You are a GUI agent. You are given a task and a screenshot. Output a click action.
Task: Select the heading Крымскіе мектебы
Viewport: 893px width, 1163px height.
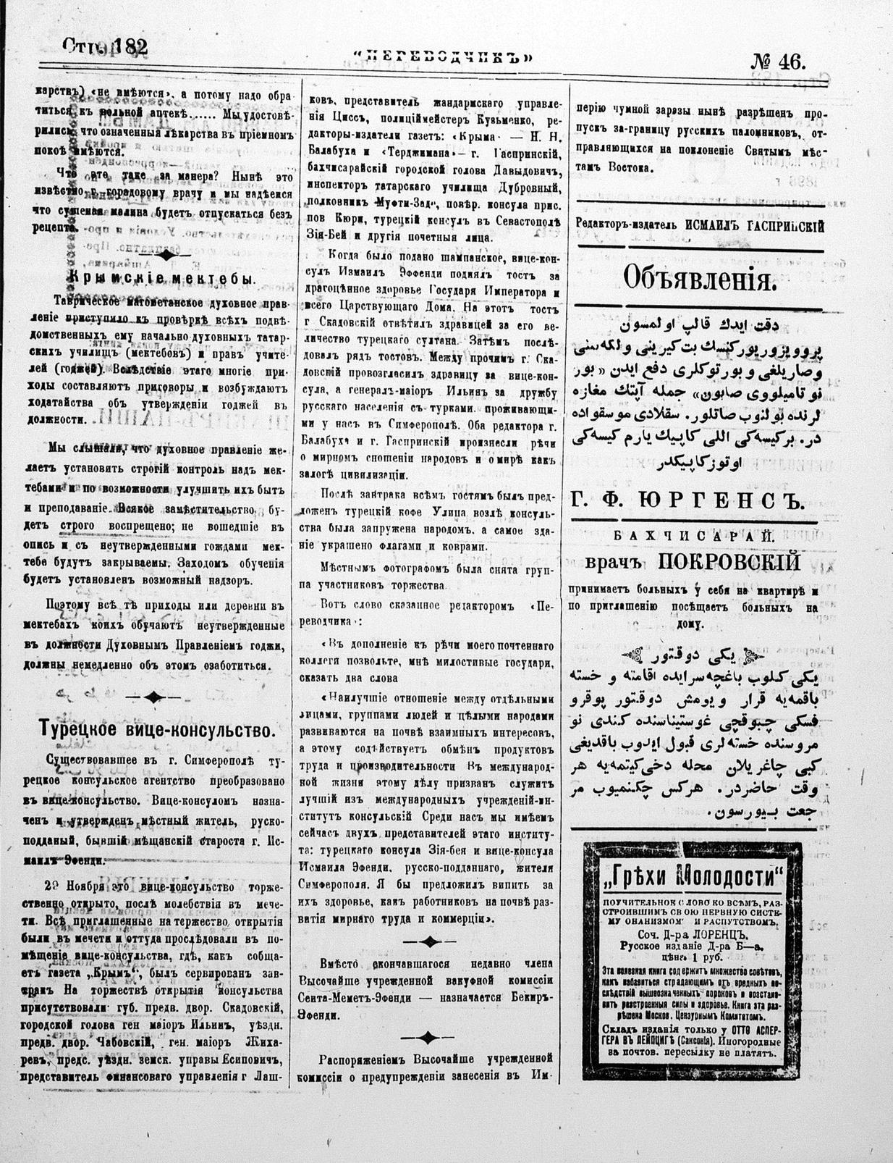coord(161,278)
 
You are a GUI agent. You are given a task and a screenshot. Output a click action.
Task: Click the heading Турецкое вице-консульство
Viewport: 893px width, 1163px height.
coord(157,729)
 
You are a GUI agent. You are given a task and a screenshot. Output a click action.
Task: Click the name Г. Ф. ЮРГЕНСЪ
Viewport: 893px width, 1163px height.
coord(687,500)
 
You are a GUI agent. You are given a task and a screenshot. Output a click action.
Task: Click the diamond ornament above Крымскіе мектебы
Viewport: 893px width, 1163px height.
coord(166,255)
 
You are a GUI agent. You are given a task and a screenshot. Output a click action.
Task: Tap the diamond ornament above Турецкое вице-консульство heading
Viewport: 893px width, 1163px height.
coord(153,697)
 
